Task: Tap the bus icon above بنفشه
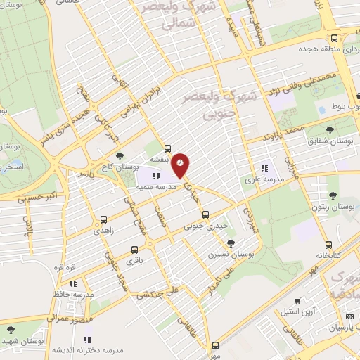167,148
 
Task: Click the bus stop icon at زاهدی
104,219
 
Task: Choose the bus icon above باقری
135,250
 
